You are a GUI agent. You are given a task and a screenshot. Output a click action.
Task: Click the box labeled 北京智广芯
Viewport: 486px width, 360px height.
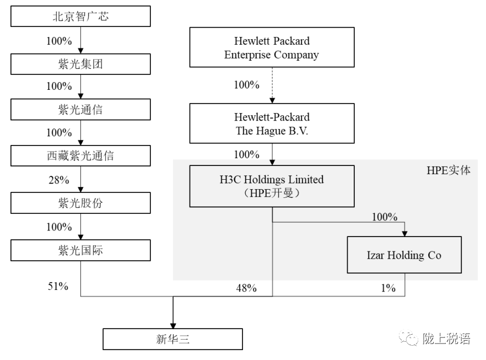click(x=80, y=16)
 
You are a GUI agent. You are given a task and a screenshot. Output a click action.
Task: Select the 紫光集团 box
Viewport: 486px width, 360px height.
click(x=80, y=64)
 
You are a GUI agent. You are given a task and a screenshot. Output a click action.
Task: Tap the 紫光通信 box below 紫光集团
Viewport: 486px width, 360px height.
click(x=80, y=110)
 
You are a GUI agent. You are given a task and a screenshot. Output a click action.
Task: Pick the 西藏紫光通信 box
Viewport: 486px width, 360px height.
click(x=80, y=155)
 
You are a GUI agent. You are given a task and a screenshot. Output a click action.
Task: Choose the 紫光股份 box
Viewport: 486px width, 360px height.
click(x=80, y=203)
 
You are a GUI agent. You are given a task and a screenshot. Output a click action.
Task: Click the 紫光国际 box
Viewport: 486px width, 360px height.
click(x=80, y=250)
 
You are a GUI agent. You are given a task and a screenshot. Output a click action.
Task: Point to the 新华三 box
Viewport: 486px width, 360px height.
click(x=172, y=339)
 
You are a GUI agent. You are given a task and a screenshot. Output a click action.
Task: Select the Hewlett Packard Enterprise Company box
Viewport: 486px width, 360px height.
click(x=272, y=47)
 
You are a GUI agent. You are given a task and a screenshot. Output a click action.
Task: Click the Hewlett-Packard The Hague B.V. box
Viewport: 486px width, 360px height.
click(x=272, y=123)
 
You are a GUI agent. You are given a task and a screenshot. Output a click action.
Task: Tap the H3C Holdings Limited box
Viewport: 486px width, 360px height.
click(x=272, y=186)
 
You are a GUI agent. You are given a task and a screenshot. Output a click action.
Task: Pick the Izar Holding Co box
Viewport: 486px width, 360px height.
click(x=404, y=255)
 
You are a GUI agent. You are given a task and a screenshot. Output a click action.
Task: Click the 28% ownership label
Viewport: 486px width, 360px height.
click(x=59, y=180)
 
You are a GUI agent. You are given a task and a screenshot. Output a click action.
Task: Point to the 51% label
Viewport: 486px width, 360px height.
click(x=58, y=286)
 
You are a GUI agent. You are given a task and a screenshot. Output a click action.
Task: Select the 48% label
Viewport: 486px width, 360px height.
click(x=246, y=288)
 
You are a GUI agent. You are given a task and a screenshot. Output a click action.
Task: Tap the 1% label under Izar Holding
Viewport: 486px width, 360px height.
click(x=388, y=288)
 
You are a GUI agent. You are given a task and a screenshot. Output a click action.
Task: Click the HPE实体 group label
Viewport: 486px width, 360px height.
click(x=449, y=170)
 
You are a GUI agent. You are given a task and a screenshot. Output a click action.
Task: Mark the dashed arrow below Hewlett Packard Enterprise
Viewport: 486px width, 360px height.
click(x=272, y=85)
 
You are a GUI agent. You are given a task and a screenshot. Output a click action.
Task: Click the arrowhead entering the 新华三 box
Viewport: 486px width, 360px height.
click(x=173, y=326)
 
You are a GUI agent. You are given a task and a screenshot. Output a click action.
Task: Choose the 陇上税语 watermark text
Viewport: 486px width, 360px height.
click(x=446, y=338)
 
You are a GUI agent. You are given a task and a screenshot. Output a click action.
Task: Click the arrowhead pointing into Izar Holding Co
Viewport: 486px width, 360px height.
click(x=404, y=234)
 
